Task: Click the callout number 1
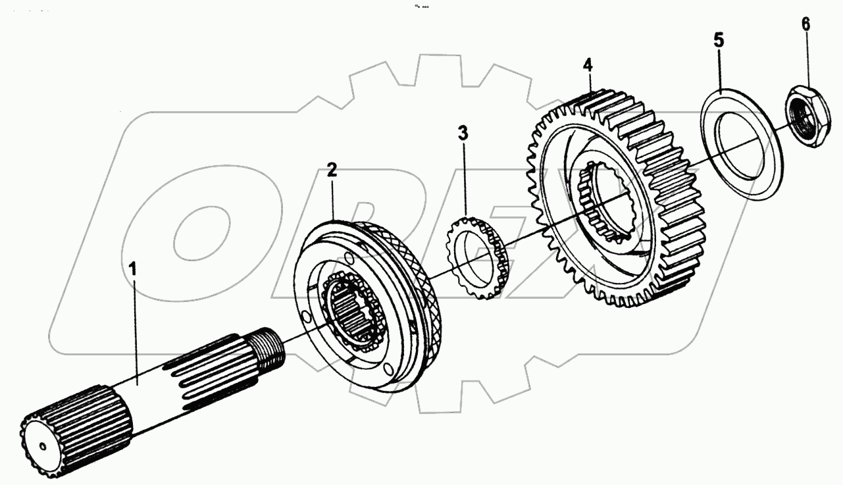coord(133,269)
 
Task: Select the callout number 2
coord(332,170)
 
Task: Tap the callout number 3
coord(464,134)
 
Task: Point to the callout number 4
coord(588,64)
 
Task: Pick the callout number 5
coord(719,39)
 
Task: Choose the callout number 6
coord(805,24)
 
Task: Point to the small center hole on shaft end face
coord(43,447)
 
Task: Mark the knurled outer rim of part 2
coord(421,276)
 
